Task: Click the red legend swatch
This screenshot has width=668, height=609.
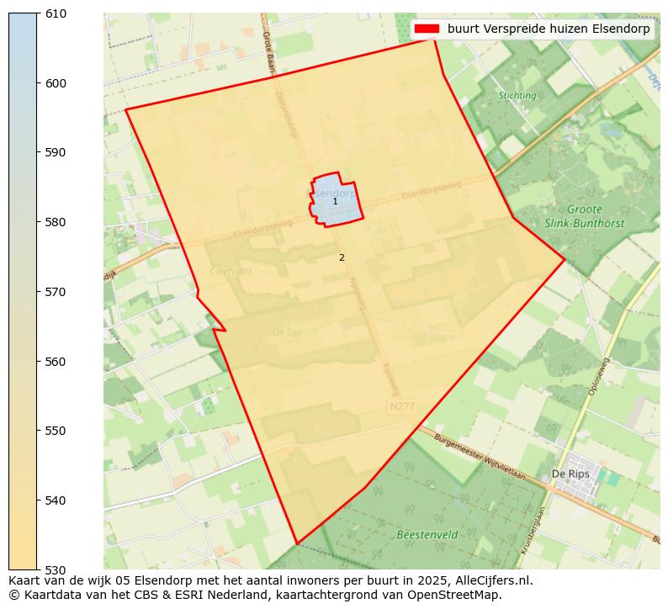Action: tap(427, 29)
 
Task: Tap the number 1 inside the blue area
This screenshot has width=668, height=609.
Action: tap(335, 202)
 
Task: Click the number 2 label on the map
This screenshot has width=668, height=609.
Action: tap(342, 258)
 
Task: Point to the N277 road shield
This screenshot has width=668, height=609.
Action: tap(402, 406)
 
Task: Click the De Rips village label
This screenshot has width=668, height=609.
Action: tap(570, 474)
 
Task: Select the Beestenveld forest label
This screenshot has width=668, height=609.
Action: tap(427, 534)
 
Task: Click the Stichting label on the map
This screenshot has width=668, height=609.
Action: tap(517, 96)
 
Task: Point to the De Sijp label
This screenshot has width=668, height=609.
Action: tap(287, 333)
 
